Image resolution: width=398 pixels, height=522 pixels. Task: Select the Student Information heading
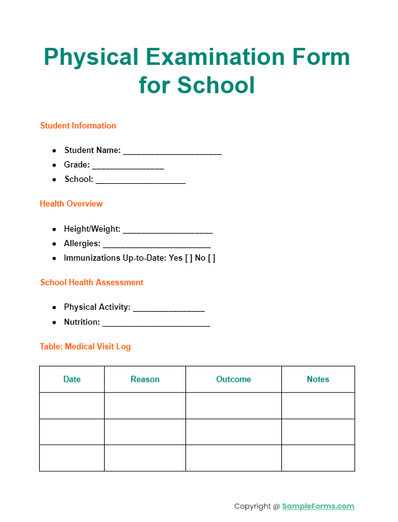(78, 125)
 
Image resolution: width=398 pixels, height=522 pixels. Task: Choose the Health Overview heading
(71, 203)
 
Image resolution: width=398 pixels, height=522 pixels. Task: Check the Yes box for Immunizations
(189, 258)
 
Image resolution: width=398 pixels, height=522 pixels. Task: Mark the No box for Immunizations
(212, 258)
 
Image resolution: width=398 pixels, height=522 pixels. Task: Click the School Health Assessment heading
(91, 282)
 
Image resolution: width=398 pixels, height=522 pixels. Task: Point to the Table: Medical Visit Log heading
(85, 346)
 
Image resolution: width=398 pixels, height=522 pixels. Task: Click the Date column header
(72, 379)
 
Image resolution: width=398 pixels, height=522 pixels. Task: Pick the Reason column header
(145, 379)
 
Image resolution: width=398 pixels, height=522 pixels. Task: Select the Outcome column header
(233, 379)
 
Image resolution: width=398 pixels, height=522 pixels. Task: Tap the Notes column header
(318, 379)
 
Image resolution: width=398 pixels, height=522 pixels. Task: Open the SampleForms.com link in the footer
(318, 506)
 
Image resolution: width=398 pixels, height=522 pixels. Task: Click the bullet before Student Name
(55, 150)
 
